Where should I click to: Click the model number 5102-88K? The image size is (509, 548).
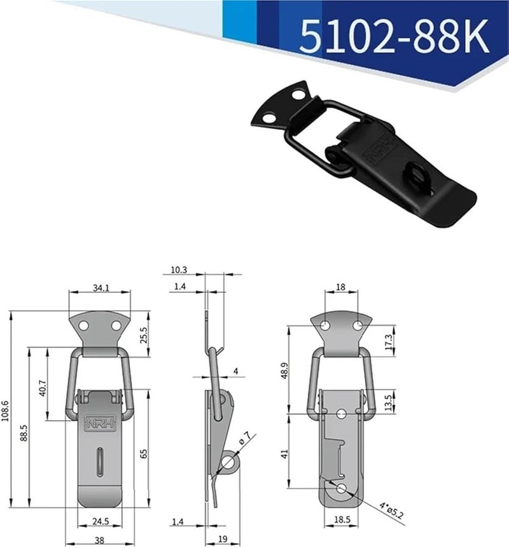pyautogui.click(x=394, y=36)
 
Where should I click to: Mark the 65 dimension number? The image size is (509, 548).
pyautogui.click(x=144, y=453)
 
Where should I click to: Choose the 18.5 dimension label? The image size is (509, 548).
pyautogui.click(x=342, y=521)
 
